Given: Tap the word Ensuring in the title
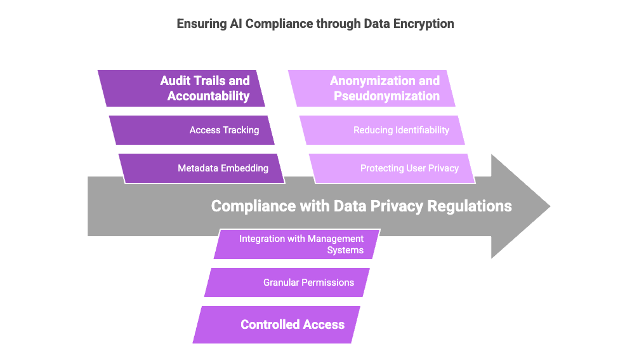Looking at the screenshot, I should point(199,24).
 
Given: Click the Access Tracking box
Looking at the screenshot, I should point(192,130).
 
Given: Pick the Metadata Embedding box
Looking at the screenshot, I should point(202,168).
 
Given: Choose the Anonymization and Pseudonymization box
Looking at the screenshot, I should point(372,88).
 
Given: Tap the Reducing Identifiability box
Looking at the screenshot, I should point(383,130).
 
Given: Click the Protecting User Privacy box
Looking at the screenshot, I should point(392,168).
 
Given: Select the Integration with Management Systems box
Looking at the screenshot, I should point(296,244).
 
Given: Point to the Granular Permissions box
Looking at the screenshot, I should point(287,283).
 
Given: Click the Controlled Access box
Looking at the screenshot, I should point(277,324).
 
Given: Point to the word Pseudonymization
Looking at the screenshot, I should point(386,97).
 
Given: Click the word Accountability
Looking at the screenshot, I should point(208,97).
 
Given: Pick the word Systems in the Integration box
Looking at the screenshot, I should point(345,250).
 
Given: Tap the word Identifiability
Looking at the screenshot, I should point(418,130).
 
